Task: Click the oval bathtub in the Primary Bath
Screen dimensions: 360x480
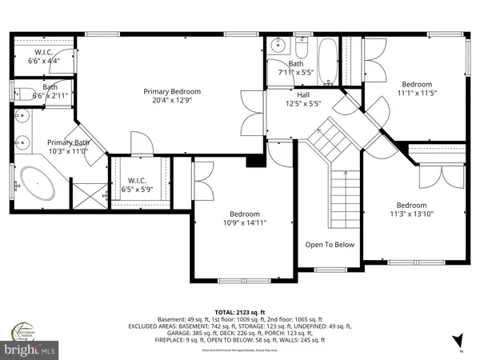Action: point(38,184)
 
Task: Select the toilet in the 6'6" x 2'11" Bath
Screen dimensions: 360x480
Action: point(22,91)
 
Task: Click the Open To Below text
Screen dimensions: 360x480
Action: point(329,245)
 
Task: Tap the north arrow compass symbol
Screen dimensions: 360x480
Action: point(456,340)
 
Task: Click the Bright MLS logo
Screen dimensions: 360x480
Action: point(31,350)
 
